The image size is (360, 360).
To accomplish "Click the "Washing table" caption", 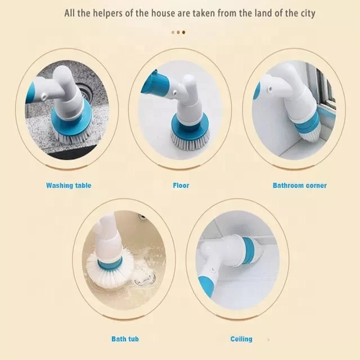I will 69,185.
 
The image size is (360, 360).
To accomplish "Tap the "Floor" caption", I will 181,185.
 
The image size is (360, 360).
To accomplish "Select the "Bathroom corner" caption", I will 299,185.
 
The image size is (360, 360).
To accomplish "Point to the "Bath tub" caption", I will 125,339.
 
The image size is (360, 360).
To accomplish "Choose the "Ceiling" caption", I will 241,339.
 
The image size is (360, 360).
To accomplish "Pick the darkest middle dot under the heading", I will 179,32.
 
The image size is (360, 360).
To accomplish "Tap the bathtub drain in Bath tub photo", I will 145,276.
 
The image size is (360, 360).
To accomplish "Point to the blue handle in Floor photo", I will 155,84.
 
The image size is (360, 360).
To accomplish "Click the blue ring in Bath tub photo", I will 110,263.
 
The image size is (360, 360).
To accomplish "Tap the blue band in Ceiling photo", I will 248,250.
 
